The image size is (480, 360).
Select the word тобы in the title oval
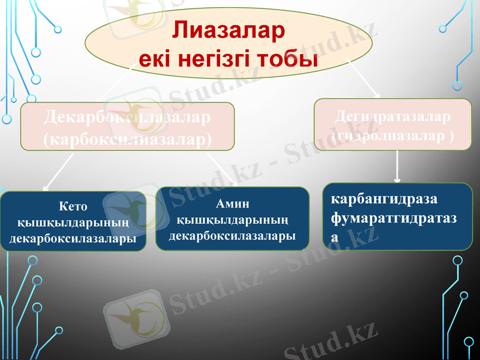[x=286, y=59]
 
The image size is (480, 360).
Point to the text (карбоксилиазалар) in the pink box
[x=127, y=138]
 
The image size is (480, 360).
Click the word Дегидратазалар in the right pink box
[x=393, y=115]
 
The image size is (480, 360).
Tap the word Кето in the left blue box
[x=73, y=207]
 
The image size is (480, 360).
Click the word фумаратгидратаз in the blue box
[x=394, y=219]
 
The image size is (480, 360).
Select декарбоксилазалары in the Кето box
[x=73, y=239]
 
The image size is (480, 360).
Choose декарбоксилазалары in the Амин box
[x=233, y=236]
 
